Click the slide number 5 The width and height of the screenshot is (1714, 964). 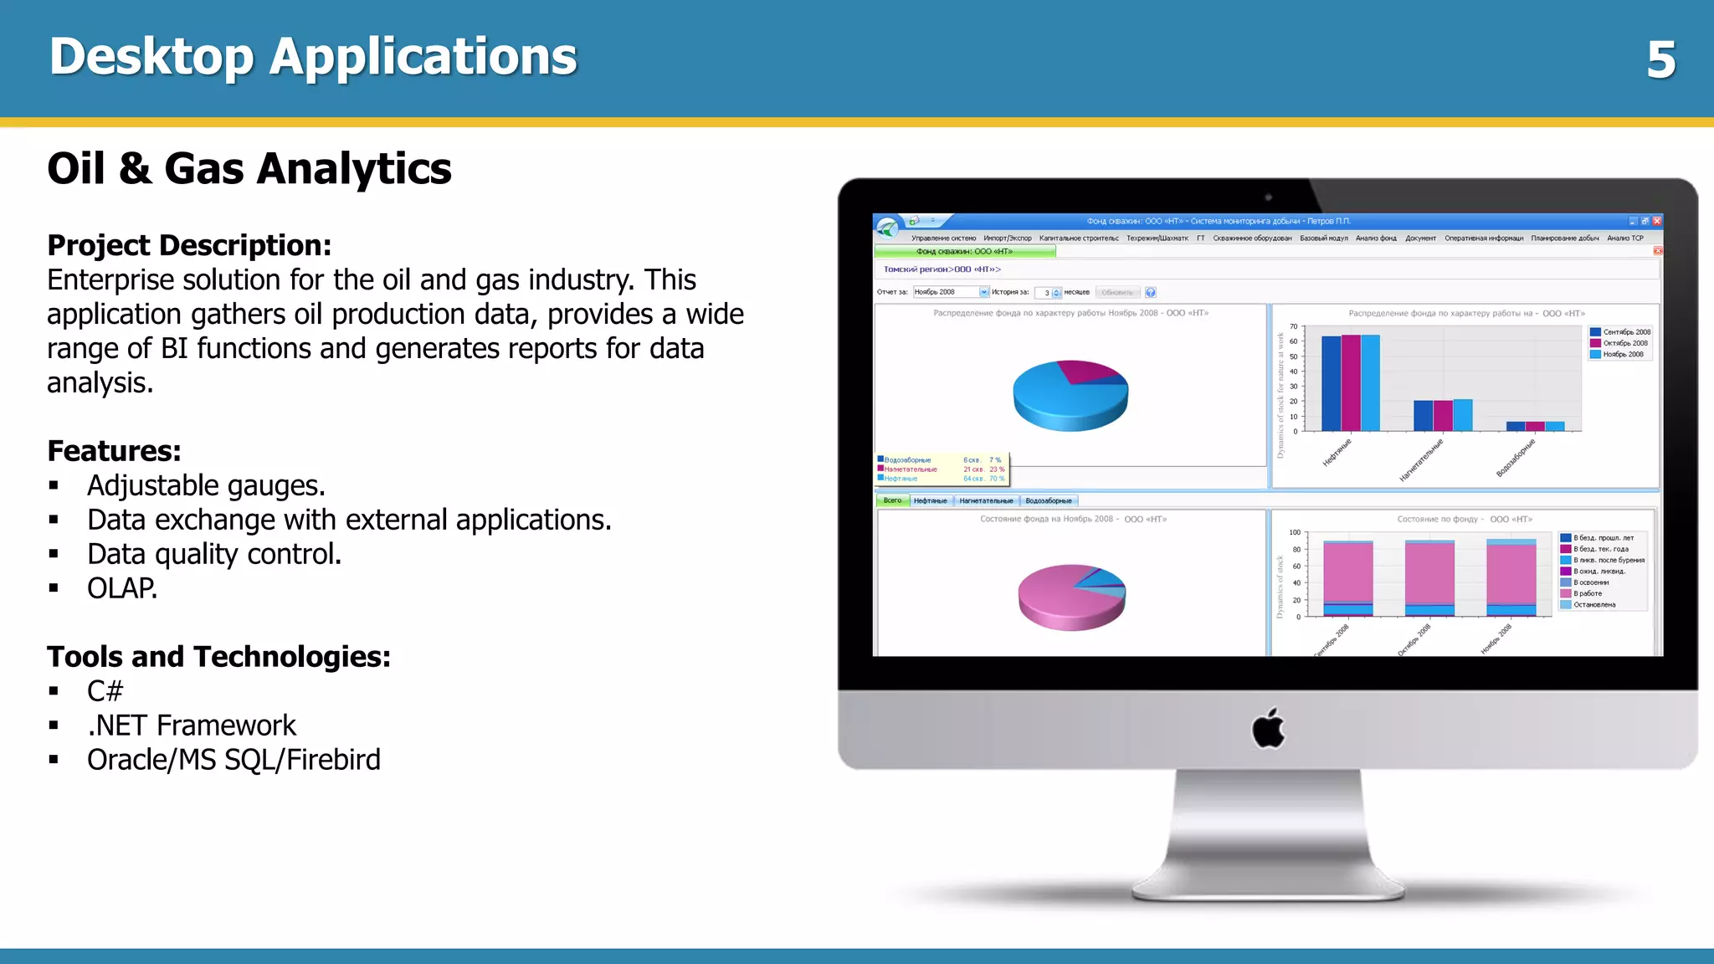coord(1660,60)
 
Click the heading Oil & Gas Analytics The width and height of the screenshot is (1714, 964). coord(249,168)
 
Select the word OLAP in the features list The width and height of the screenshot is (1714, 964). coord(121,588)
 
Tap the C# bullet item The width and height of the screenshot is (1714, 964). coord(105,691)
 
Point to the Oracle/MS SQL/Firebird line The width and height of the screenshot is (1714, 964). coord(233,760)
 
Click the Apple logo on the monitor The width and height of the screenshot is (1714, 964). coord(1269,728)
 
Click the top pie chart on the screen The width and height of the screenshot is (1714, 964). coord(1070,395)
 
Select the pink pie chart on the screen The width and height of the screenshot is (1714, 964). coord(1071,597)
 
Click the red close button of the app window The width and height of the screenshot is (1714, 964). coord(1656,221)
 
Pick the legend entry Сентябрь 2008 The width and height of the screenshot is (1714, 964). coord(1626,332)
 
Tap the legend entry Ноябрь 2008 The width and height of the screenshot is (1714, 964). coord(1623,355)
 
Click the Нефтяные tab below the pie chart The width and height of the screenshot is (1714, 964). coord(930,500)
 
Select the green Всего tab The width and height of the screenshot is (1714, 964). coord(892,500)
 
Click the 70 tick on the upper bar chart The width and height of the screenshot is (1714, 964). coord(1293,326)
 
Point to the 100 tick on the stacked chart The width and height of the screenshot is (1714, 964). coord(1295,532)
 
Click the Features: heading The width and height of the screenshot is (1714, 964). coord(114,451)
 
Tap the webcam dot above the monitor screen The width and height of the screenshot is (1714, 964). coord(1269,197)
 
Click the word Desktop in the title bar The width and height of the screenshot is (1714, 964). coord(151,57)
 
